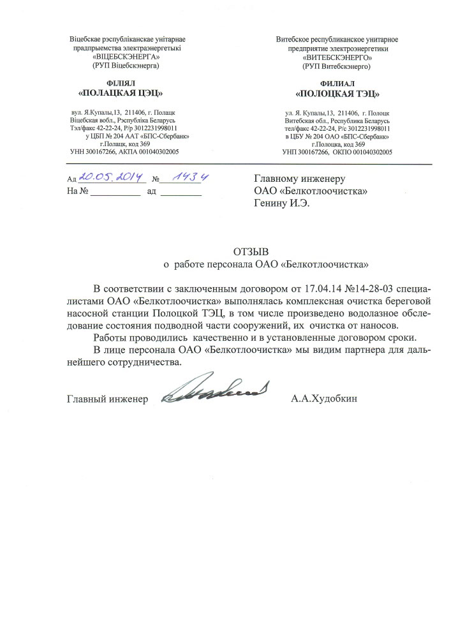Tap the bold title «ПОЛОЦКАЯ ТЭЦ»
pyautogui.click(x=337, y=94)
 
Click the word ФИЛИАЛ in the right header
pyautogui.click(x=337, y=84)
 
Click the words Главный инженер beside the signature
pyautogui.click(x=107, y=399)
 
